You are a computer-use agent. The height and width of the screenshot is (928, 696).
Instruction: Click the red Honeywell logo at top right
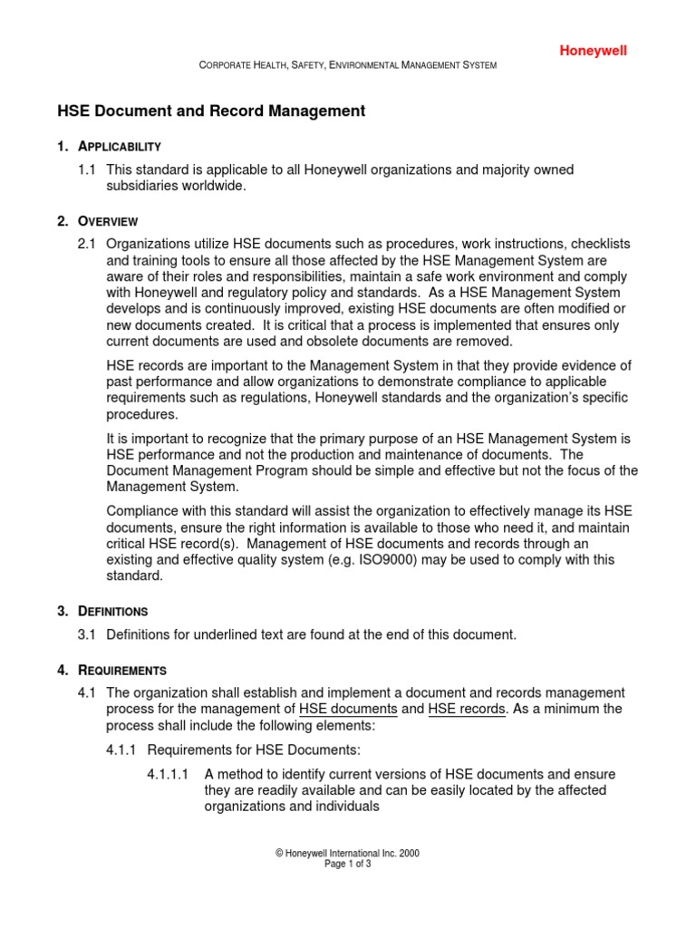[x=592, y=51]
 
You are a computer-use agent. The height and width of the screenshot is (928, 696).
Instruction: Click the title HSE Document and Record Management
[x=211, y=111]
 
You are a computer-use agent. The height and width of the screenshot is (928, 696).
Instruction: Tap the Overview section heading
[x=108, y=221]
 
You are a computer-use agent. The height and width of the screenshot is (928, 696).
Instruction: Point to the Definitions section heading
[x=112, y=612]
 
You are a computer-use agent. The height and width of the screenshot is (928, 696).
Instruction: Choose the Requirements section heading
[x=122, y=671]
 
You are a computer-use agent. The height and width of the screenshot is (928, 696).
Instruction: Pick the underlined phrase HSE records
[x=467, y=710]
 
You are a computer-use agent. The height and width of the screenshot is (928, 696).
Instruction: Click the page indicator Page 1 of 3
[x=348, y=865]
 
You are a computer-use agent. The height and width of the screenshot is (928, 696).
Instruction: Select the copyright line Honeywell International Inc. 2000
[x=348, y=853]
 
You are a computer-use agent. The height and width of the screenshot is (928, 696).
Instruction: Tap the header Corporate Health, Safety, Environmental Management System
[x=348, y=66]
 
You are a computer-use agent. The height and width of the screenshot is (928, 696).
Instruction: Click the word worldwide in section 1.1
[x=216, y=186]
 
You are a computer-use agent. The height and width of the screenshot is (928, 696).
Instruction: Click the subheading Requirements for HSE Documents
[x=254, y=750]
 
